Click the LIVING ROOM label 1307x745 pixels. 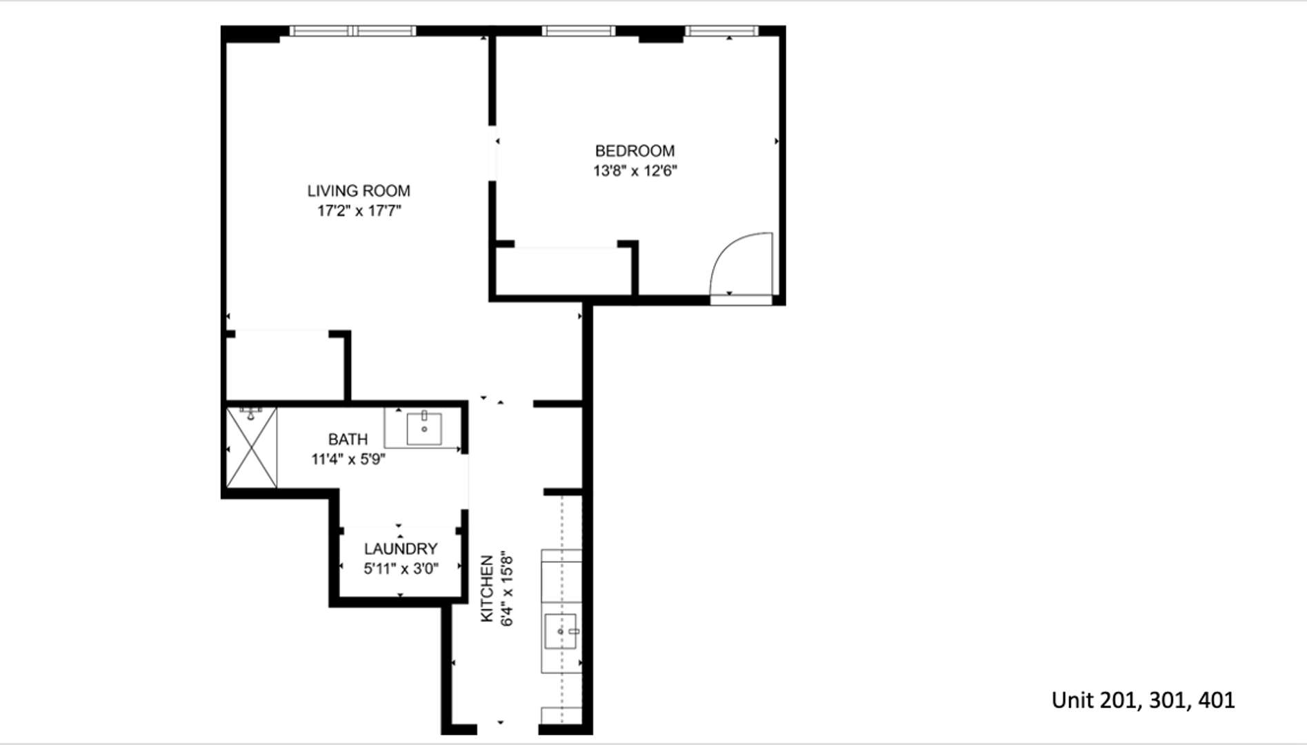[x=359, y=191]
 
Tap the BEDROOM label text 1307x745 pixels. [x=635, y=151]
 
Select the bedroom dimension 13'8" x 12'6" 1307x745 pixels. [x=635, y=170]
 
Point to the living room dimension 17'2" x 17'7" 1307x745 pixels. [x=359, y=210]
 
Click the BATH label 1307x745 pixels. [x=348, y=439]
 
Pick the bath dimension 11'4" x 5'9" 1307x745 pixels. [x=348, y=459]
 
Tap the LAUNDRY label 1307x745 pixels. [x=401, y=549]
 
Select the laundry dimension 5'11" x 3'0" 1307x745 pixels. [x=401, y=568]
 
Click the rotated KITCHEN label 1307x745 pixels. [x=488, y=588]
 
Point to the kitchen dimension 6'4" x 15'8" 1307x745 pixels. [x=507, y=588]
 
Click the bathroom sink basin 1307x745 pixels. [x=424, y=428]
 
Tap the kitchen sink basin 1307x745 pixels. [x=561, y=631]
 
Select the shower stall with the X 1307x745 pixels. [x=252, y=448]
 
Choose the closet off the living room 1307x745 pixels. [x=285, y=366]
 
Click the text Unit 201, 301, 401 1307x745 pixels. [x=1143, y=701]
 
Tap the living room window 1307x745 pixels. [x=352, y=31]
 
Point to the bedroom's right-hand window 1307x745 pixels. [x=721, y=31]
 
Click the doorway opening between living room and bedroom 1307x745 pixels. [x=492, y=153]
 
